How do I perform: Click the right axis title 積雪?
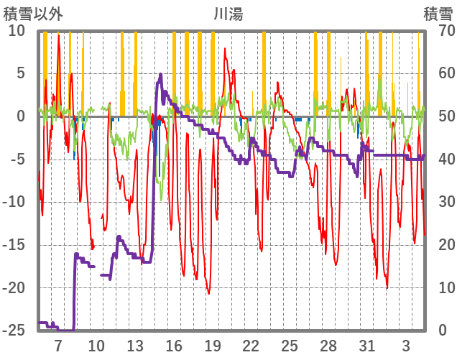tap(438, 13)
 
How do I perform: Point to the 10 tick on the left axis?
tap(17, 31)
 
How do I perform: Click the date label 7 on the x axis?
tap(57, 345)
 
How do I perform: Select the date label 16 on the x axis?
tap(173, 345)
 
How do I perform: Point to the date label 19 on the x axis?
tap(212, 345)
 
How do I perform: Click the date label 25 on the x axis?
tap(290, 345)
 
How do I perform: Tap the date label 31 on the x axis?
tap(366, 345)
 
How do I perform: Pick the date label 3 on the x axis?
tap(406, 345)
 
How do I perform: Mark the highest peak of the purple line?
tap(161, 74)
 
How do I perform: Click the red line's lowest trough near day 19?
tap(209, 293)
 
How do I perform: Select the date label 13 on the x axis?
tap(134, 345)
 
